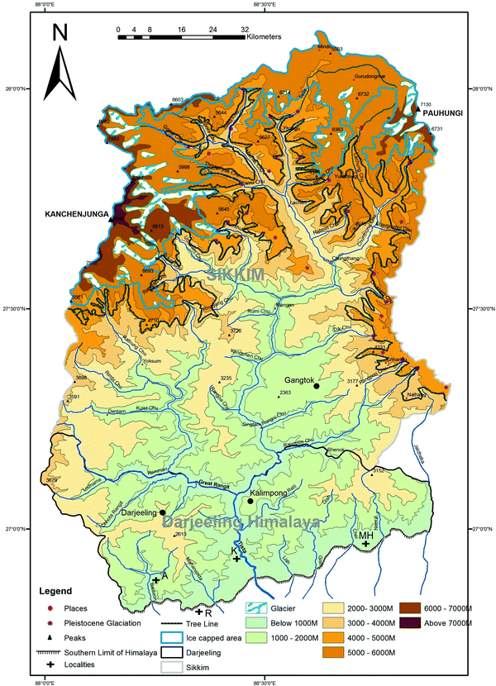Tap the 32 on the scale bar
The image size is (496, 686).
(244, 28)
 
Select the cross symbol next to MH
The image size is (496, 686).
(365, 543)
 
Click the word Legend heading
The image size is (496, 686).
(57, 591)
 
